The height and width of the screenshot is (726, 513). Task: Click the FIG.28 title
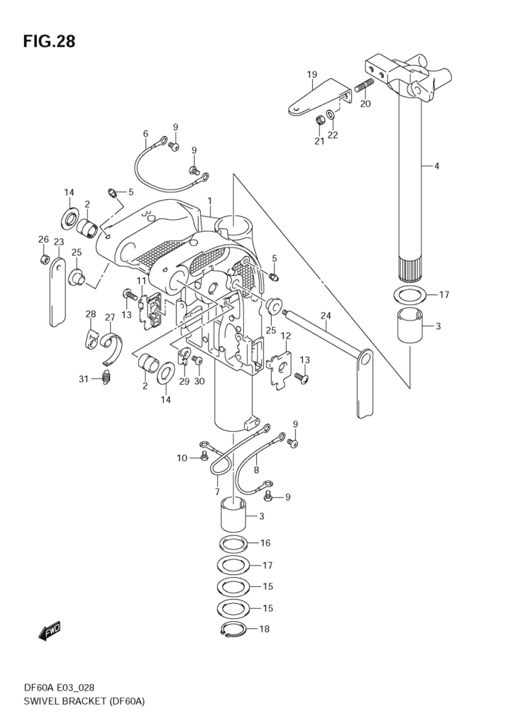[x=49, y=42]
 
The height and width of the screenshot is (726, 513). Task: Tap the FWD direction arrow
[x=49, y=631]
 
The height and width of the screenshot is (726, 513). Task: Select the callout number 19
[x=312, y=74]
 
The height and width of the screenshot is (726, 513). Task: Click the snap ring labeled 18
[x=231, y=630]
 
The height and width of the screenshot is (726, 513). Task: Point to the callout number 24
[x=326, y=315]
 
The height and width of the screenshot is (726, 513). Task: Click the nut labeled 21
[x=319, y=121]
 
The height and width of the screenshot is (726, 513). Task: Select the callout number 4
[x=436, y=166]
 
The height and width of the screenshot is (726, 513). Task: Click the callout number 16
[x=265, y=543]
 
